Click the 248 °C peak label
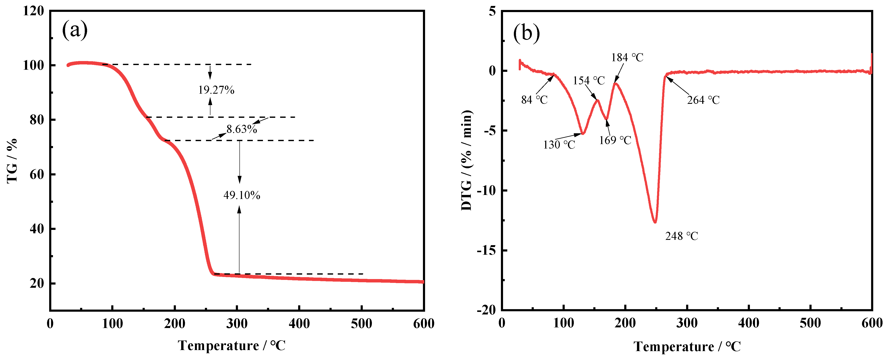click(x=681, y=236)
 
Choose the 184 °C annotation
click(x=627, y=57)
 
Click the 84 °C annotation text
click(x=534, y=100)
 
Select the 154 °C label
click(x=588, y=81)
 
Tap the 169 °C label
click(x=615, y=140)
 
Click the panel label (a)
click(x=75, y=30)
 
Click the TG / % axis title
click(x=12, y=161)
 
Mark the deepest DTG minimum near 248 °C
click(x=655, y=222)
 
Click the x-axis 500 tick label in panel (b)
click(x=810, y=323)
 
